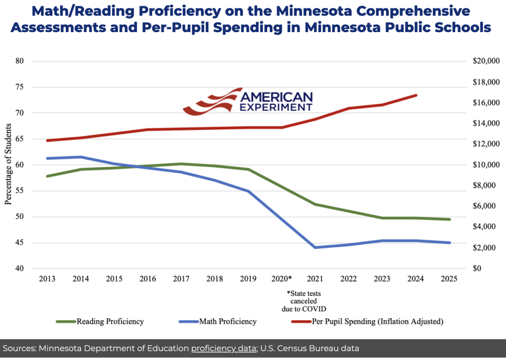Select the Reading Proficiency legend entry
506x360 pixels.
(110, 321)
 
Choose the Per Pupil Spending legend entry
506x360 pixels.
(378, 321)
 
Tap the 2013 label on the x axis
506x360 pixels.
(47, 279)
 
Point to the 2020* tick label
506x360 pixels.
(282, 279)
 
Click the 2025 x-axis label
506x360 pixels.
(450, 279)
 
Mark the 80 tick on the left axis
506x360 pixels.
(34, 61)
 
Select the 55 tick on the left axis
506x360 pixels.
(34, 191)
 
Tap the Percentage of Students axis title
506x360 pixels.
(8, 165)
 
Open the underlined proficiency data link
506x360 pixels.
(223, 349)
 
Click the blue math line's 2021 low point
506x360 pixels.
(315, 247)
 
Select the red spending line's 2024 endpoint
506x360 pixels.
(416, 95)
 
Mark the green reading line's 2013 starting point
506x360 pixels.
(47, 176)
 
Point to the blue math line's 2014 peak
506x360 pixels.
(81, 157)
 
